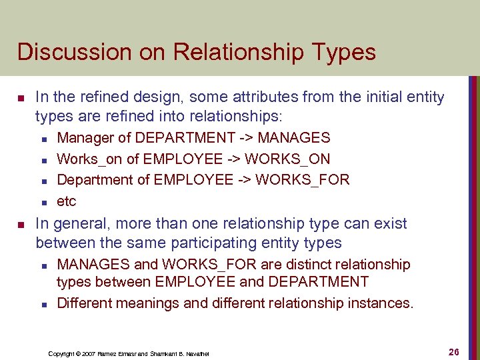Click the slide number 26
[453, 351]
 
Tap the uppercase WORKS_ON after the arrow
[293, 159]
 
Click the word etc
[67, 201]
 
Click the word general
[85, 223]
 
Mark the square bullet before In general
[21, 223]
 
